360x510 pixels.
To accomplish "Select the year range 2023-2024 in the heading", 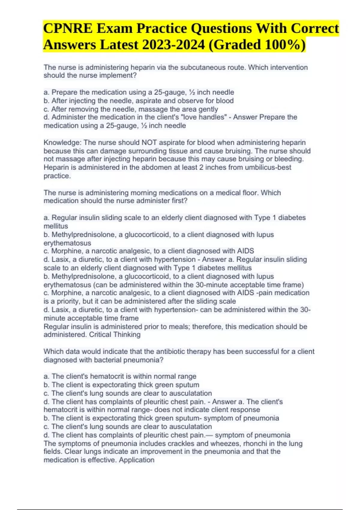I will (174, 45).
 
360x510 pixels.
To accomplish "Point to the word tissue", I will (178, 151).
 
